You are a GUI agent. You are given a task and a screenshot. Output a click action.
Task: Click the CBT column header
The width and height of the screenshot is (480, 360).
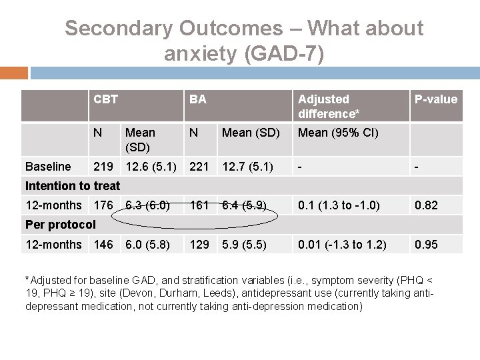[106, 99]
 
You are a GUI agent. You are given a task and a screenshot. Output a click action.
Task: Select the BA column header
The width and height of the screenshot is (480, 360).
[197, 99]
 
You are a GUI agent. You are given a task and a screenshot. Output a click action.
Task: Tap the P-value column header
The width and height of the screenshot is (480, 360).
[436, 99]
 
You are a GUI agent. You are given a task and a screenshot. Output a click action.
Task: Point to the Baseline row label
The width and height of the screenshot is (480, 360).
[47, 166]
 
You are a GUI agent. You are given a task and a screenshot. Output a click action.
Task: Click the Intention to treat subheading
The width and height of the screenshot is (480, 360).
[73, 186]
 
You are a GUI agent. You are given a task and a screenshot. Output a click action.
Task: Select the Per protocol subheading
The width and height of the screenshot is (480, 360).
[61, 224]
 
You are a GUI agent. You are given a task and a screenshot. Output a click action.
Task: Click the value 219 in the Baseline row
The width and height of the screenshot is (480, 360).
[103, 166]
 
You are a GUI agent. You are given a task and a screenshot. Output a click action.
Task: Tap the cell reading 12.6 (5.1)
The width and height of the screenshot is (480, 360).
[153, 166]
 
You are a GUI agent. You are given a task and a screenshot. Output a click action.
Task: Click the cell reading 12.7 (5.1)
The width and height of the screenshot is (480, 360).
[247, 166]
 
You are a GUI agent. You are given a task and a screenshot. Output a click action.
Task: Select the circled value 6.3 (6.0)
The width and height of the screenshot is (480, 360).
[152, 205]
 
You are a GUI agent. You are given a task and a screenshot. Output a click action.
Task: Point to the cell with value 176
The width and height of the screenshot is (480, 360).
[103, 205]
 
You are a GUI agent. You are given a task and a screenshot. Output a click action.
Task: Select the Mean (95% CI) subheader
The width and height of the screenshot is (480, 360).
[338, 132]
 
